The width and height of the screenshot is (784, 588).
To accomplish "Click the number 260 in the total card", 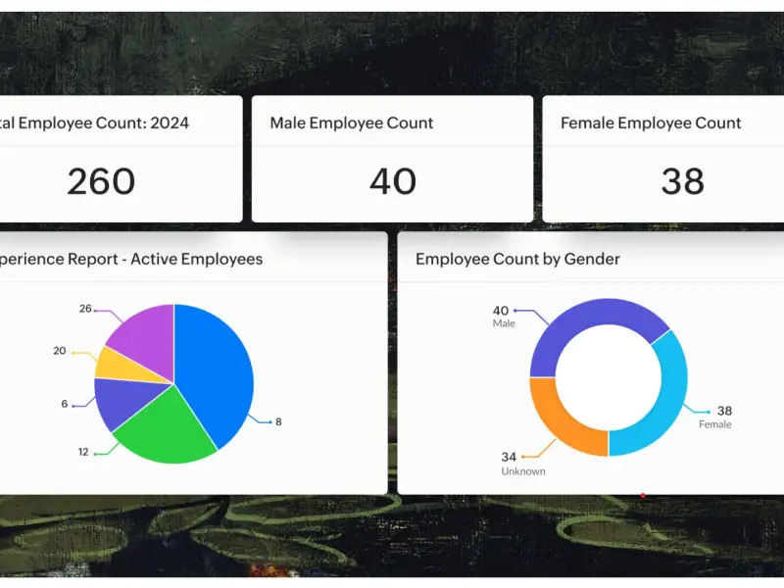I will point(101,181).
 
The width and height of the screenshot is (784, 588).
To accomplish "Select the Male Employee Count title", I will point(351,123).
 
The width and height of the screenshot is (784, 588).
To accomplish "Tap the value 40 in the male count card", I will point(393,181).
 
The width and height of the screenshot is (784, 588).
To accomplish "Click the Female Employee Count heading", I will point(651,123).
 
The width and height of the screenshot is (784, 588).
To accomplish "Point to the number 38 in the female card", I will point(683,181).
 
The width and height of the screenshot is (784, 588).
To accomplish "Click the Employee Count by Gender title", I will point(517,260).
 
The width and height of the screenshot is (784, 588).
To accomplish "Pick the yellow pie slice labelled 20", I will point(116,363).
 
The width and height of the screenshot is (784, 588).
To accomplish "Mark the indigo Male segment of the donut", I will point(588,323).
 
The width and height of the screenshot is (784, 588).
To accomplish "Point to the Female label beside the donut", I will point(714,425).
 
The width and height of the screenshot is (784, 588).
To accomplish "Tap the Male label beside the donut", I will point(504,324).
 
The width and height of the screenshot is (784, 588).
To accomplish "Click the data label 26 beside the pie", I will point(85,310).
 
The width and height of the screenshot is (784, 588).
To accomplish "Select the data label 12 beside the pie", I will point(84,452).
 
